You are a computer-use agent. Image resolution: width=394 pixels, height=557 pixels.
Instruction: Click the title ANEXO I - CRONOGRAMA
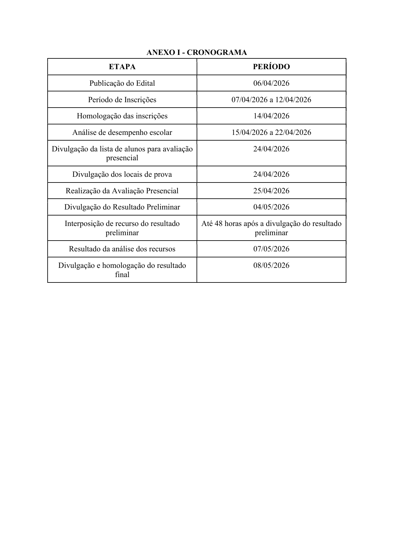tap(197, 52)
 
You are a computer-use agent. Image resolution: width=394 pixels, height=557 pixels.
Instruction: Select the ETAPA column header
tap(122, 67)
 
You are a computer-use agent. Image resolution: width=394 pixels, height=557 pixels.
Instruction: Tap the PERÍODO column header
tap(271, 67)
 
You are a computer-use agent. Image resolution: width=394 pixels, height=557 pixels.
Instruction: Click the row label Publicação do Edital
tap(122, 83)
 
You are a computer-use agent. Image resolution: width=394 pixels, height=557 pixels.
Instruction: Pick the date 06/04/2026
tap(271, 83)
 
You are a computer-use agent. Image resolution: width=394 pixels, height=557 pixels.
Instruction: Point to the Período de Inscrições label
tap(122, 100)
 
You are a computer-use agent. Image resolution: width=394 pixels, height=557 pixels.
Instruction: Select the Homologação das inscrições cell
tap(122, 116)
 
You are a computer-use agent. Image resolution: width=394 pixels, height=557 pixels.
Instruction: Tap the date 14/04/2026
tap(271, 116)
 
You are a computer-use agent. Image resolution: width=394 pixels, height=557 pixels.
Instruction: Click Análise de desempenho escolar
tap(122, 132)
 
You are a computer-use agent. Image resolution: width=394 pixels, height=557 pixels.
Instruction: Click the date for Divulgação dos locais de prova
tap(271, 174)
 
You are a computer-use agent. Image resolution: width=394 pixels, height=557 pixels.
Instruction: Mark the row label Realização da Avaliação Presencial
tap(122, 191)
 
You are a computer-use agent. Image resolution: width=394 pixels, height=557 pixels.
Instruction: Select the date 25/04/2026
tap(271, 191)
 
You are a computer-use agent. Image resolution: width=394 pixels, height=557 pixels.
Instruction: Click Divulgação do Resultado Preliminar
tap(122, 207)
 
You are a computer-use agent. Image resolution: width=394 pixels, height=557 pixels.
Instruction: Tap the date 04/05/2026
tap(271, 207)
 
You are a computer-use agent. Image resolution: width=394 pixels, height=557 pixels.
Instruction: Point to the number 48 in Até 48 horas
tap(219, 223)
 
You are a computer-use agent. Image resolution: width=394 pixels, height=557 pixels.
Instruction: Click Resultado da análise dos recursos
tap(122, 249)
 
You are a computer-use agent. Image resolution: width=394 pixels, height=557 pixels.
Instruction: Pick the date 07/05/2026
tap(271, 249)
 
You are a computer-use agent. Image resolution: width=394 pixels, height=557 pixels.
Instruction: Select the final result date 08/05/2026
tap(271, 265)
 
